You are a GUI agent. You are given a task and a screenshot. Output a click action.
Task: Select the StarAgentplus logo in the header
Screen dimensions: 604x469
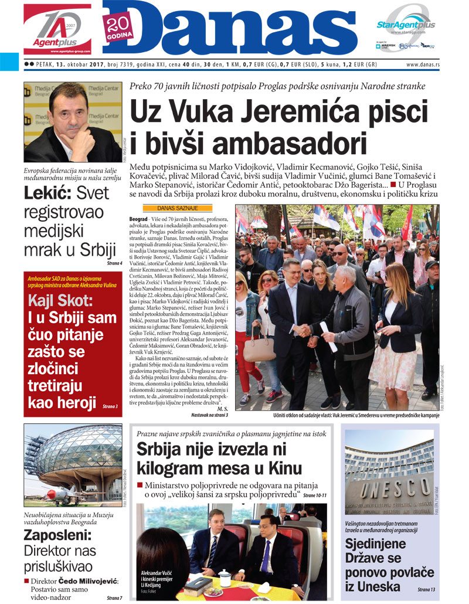click(406, 25)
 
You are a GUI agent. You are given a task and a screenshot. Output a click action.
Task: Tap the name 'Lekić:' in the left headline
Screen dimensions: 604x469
click(48, 194)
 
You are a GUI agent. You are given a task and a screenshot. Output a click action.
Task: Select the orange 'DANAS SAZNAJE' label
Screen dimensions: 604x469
click(178, 208)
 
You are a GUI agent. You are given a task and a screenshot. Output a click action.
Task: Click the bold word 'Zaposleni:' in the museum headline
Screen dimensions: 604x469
click(57, 535)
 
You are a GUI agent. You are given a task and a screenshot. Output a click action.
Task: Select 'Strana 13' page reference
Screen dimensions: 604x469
click(426, 589)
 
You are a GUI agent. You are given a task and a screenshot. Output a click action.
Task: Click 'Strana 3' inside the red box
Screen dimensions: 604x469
click(110, 406)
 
